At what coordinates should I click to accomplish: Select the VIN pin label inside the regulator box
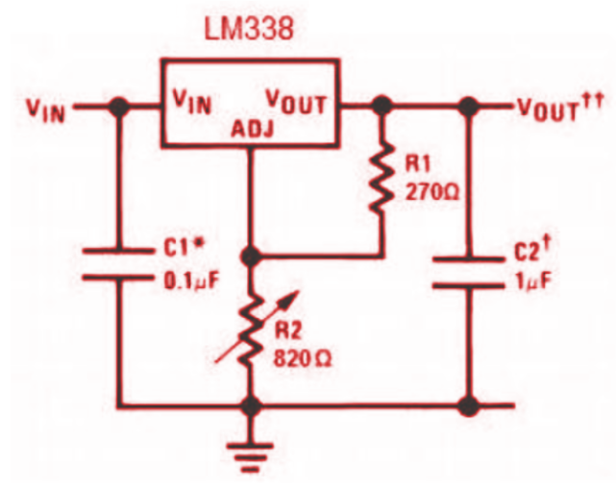192,101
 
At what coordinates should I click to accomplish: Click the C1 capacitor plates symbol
118,265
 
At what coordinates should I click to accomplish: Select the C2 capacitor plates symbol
468,271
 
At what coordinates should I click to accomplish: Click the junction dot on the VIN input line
118,108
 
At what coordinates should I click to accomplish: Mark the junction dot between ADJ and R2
252,257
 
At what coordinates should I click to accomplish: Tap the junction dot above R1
382,107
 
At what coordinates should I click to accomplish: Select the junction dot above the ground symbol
252,405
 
